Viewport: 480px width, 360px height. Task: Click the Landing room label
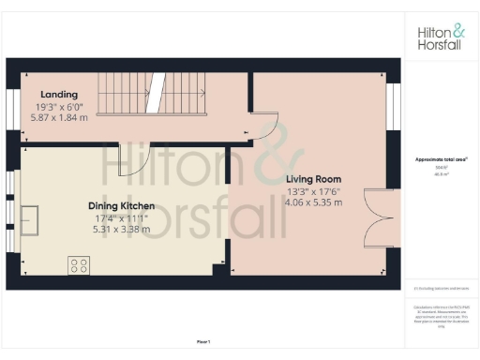(x=60, y=94)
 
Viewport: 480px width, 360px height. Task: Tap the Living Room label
(x=312, y=178)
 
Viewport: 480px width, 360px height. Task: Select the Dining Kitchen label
(x=122, y=206)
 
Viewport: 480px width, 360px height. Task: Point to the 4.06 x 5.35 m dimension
(x=313, y=202)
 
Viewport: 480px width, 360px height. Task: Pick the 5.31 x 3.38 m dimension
(x=123, y=229)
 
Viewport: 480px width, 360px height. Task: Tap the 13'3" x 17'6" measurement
(x=313, y=190)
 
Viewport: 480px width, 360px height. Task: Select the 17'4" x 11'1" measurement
(x=123, y=217)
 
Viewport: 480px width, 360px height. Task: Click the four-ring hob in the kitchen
(x=79, y=264)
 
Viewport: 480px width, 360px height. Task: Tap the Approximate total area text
(x=442, y=159)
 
